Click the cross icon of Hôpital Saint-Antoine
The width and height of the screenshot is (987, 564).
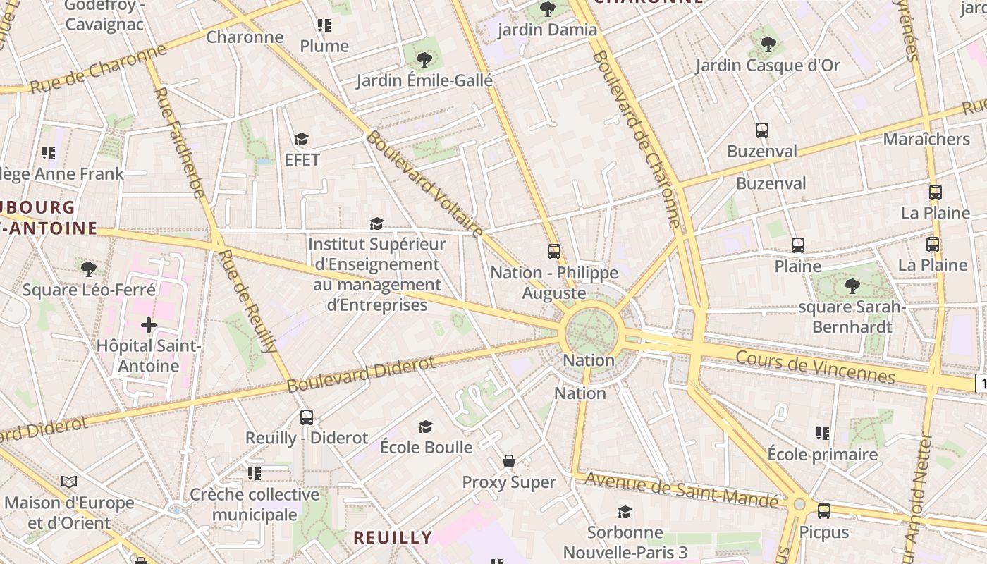(148, 325)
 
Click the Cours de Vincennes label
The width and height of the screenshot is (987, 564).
(815, 367)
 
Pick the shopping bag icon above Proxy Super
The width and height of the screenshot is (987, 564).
(509, 462)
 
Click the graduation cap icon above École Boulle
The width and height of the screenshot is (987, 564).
(425, 427)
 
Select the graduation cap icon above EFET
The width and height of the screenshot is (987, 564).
(302, 139)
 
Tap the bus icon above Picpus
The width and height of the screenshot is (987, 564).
(823, 511)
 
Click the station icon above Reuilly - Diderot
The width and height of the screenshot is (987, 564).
(306, 417)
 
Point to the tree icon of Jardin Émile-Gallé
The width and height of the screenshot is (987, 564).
(424, 59)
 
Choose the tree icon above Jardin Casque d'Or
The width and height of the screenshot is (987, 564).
(768, 44)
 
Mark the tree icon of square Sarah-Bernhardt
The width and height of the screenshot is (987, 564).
(852, 286)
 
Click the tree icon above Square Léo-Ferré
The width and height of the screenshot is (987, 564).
(89, 269)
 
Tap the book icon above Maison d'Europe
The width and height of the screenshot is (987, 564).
(69, 482)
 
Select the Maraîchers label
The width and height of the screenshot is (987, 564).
(926, 139)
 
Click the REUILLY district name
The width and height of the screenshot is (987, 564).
(393, 537)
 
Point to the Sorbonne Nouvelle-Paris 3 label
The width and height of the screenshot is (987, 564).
(625, 541)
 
